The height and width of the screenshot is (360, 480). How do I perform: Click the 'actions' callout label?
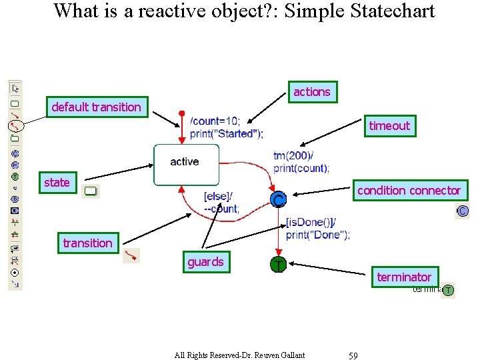click(x=312, y=92)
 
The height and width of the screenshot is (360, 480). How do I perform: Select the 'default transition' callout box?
click(x=97, y=107)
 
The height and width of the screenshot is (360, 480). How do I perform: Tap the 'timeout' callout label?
click(x=389, y=126)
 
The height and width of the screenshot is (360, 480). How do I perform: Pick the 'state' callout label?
click(x=57, y=183)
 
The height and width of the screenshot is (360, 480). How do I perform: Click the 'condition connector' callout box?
click(x=408, y=191)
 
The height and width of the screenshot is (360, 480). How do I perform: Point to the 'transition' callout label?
click(x=87, y=243)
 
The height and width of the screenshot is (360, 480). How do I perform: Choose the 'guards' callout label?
click(x=205, y=262)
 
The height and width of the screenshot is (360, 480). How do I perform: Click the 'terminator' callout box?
click(x=404, y=277)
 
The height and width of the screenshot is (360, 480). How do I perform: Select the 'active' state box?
click(x=186, y=164)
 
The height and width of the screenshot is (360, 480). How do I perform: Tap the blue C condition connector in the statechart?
click(x=279, y=199)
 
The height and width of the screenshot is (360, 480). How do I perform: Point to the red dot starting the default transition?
click(x=182, y=113)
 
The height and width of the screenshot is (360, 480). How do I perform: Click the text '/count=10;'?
click(x=215, y=121)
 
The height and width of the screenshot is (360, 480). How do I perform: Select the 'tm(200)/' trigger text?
click(x=293, y=156)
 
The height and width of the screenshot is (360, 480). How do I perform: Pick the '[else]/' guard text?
click(x=218, y=197)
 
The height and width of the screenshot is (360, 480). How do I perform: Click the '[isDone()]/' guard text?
click(x=311, y=222)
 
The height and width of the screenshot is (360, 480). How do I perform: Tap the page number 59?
click(x=353, y=355)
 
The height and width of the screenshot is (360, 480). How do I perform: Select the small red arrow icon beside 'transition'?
click(x=131, y=255)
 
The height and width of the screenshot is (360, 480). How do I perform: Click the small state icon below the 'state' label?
click(x=91, y=192)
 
